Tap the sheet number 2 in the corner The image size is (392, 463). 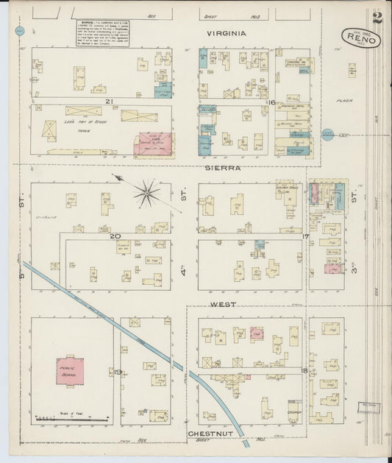(x=377, y=18)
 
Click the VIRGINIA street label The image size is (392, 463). (x=226, y=33)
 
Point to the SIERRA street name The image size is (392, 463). (x=226, y=168)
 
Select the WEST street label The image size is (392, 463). (x=223, y=303)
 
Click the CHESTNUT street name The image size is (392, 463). (x=210, y=434)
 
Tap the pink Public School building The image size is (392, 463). (x=70, y=372)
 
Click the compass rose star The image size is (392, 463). (x=146, y=194)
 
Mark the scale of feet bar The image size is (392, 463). (x=71, y=419)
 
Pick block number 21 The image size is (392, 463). (x=108, y=101)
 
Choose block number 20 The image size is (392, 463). (x=115, y=236)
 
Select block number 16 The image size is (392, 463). (x=271, y=102)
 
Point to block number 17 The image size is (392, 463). (x=305, y=236)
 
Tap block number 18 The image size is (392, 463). (x=304, y=370)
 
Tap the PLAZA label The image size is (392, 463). (x=344, y=100)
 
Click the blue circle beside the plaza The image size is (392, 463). (x=328, y=134)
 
